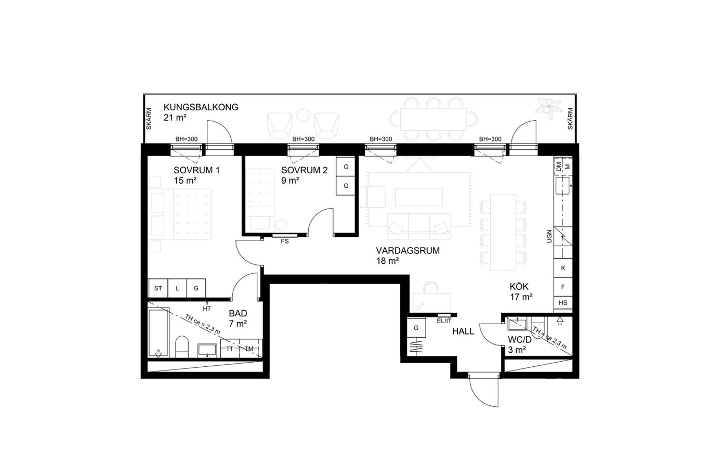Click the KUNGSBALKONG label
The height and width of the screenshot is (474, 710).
[201, 107]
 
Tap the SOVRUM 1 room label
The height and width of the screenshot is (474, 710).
[196, 170]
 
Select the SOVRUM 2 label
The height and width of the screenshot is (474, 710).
[304, 170]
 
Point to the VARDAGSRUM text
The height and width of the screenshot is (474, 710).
[407, 251]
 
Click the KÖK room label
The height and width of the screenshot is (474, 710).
[519, 287]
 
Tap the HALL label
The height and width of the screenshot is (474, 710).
[463, 331]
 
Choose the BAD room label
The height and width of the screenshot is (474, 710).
[238, 313]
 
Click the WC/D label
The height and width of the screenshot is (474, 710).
[519, 340]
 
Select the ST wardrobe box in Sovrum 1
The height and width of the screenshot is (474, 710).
[158, 288]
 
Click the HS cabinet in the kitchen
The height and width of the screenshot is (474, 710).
[563, 303]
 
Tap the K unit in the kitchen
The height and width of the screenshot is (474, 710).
[563, 268]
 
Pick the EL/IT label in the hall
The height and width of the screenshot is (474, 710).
[444, 321]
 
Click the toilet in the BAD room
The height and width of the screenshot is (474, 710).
[181, 347]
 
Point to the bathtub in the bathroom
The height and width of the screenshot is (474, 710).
[159, 332]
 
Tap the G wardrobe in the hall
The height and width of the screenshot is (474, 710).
[416, 328]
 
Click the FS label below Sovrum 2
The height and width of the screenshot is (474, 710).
[285, 241]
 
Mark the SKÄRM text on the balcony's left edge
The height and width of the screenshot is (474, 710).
[149, 119]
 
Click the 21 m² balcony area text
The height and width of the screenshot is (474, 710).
[175, 118]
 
